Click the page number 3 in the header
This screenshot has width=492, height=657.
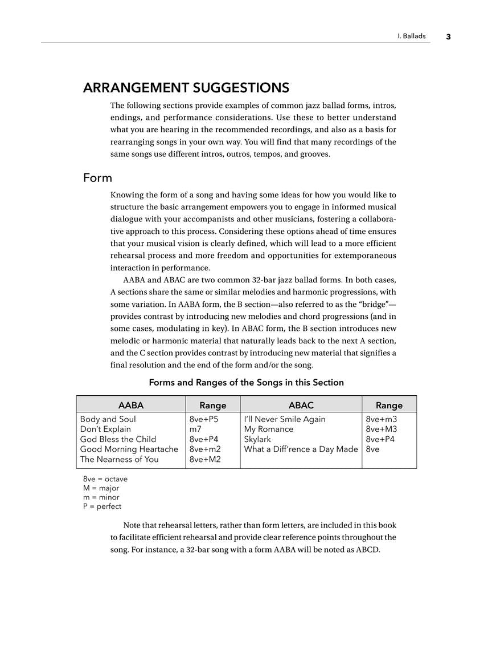(x=448, y=36)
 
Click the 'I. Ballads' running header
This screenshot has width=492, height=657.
(x=411, y=36)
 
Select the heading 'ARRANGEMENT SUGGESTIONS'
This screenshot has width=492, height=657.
(x=186, y=88)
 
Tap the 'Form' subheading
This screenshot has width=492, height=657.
(x=97, y=178)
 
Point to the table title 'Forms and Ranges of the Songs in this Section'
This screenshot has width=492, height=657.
(x=246, y=382)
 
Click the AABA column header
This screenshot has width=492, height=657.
(x=130, y=405)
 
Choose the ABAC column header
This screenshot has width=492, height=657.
(x=301, y=405)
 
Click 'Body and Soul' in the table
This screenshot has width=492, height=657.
(x=108, y=419)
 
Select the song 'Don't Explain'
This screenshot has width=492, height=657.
(x=105, y=429)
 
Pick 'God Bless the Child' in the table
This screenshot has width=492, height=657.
(x=118, y=439)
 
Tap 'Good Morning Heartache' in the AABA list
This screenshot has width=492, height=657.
(x=129, y=449)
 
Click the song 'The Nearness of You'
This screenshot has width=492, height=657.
(x=120, y=459)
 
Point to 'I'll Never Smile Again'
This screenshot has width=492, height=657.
(x=285, y=419)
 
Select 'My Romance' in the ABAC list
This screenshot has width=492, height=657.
(x=269, y=429)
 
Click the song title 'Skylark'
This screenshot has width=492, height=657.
(x=257, y=439)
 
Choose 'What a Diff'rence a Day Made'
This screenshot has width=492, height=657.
(x=301, y=449)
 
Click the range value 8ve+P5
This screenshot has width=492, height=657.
(x=204, y=419)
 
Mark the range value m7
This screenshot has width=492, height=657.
(x=195, y=429)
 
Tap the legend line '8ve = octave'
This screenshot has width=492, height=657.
(x=105, y=479)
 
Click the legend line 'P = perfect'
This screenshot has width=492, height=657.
(x=102, y=506)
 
